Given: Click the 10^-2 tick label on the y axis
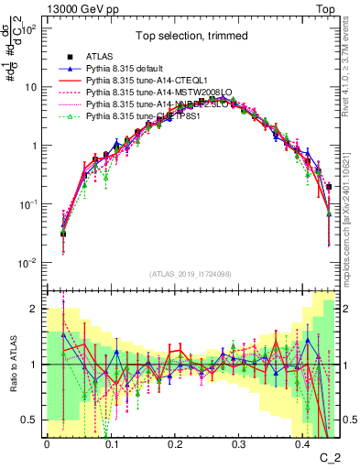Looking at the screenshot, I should click(27, 263).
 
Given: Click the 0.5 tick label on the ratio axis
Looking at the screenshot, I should click(29, 420).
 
